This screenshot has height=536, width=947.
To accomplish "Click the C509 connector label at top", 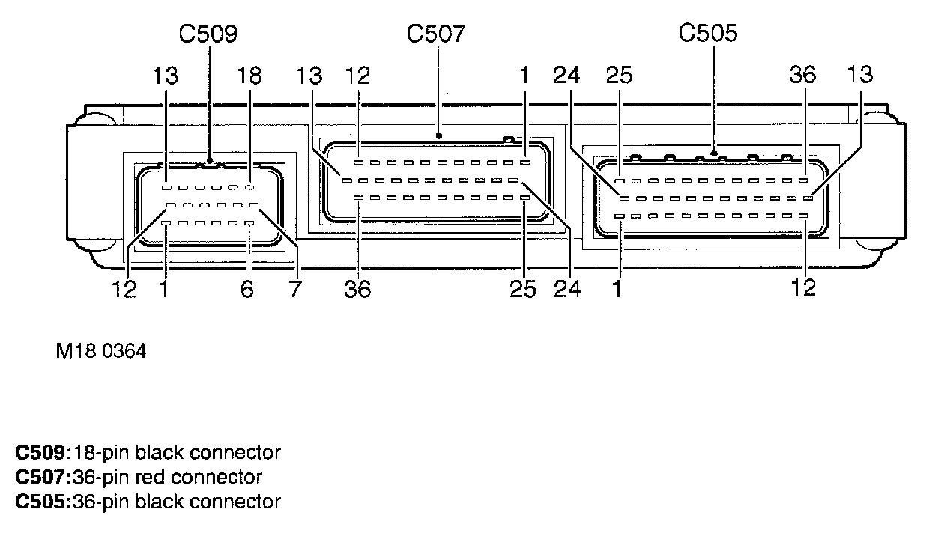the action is [208, 34].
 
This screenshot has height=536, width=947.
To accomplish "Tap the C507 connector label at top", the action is [436, 34].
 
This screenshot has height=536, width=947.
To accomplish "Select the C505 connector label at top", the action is [708, 33].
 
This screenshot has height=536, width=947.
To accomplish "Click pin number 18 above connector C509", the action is [249, 76].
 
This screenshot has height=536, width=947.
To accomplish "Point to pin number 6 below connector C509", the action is [247, 289].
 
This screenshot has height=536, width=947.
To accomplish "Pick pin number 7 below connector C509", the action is [295, 289].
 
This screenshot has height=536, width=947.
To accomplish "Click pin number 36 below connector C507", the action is [357, 290].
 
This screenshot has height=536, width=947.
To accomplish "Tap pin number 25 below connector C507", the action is [522, 289].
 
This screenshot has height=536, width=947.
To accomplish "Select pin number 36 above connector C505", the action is [802, 75].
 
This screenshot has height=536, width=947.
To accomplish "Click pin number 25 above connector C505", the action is [619, 75].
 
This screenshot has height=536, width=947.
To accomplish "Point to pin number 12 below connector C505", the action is [803, 288].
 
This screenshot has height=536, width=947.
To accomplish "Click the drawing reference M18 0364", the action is [101, 351].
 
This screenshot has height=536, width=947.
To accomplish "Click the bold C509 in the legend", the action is [40, 452].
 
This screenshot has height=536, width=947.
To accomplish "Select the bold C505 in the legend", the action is [40, 502].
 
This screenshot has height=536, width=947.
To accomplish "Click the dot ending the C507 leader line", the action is [439, 136].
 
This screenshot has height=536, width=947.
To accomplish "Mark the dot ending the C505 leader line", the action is [714, 153].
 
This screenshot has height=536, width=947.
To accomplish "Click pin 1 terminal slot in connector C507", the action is [525, 162].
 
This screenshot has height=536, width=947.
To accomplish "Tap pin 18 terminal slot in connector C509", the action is [249, 187].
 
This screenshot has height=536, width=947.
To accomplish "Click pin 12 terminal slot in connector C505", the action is [803, 216].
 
